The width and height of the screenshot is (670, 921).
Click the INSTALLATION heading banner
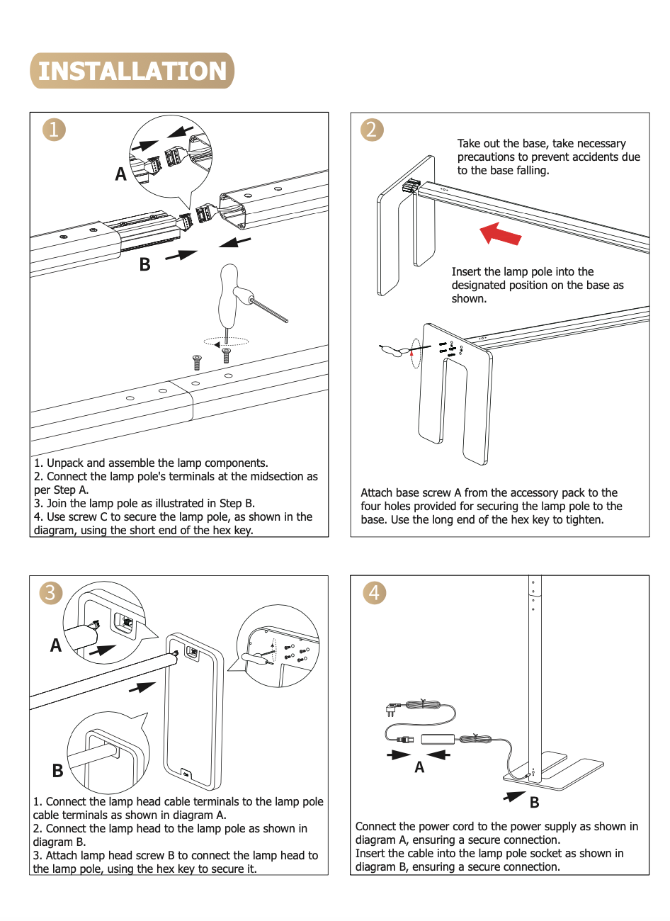pyautogui.click(x=132, y=71)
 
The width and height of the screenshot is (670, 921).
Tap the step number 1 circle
pyautogui.click(x=54, y=130)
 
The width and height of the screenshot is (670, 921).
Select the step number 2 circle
pyautogui.click(x=372, y=130)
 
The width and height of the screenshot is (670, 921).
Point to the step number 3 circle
pyautogui.click(x=50, y=592)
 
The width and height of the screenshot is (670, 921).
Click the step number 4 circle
pyautogui.click(x=375, y=592)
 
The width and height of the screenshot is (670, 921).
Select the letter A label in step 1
pyautogui.click(x=121, y=174)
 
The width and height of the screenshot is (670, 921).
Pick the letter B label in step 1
pyautogui.click(x=144, y=265)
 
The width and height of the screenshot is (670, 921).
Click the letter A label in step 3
pyautogui.click(x=56, y=645)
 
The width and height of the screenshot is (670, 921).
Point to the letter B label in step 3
pyautogui.click(x=57, y=771)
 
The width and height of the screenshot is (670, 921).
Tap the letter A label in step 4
pyautogui.click(x=419, y=767)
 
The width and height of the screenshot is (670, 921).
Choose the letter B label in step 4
pyautogui.click(x=535, y=803)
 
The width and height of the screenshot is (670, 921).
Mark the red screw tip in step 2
pyautogui.click(x=411, y=351)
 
